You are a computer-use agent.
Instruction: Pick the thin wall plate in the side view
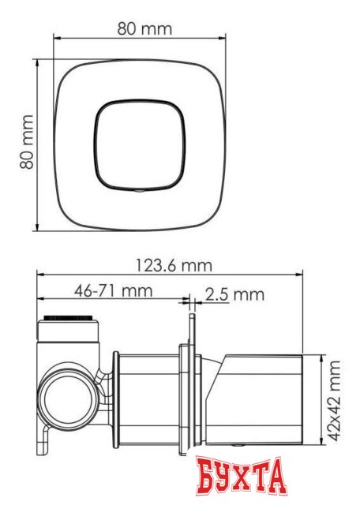(190, 387)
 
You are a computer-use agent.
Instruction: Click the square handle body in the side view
(264, 401)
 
